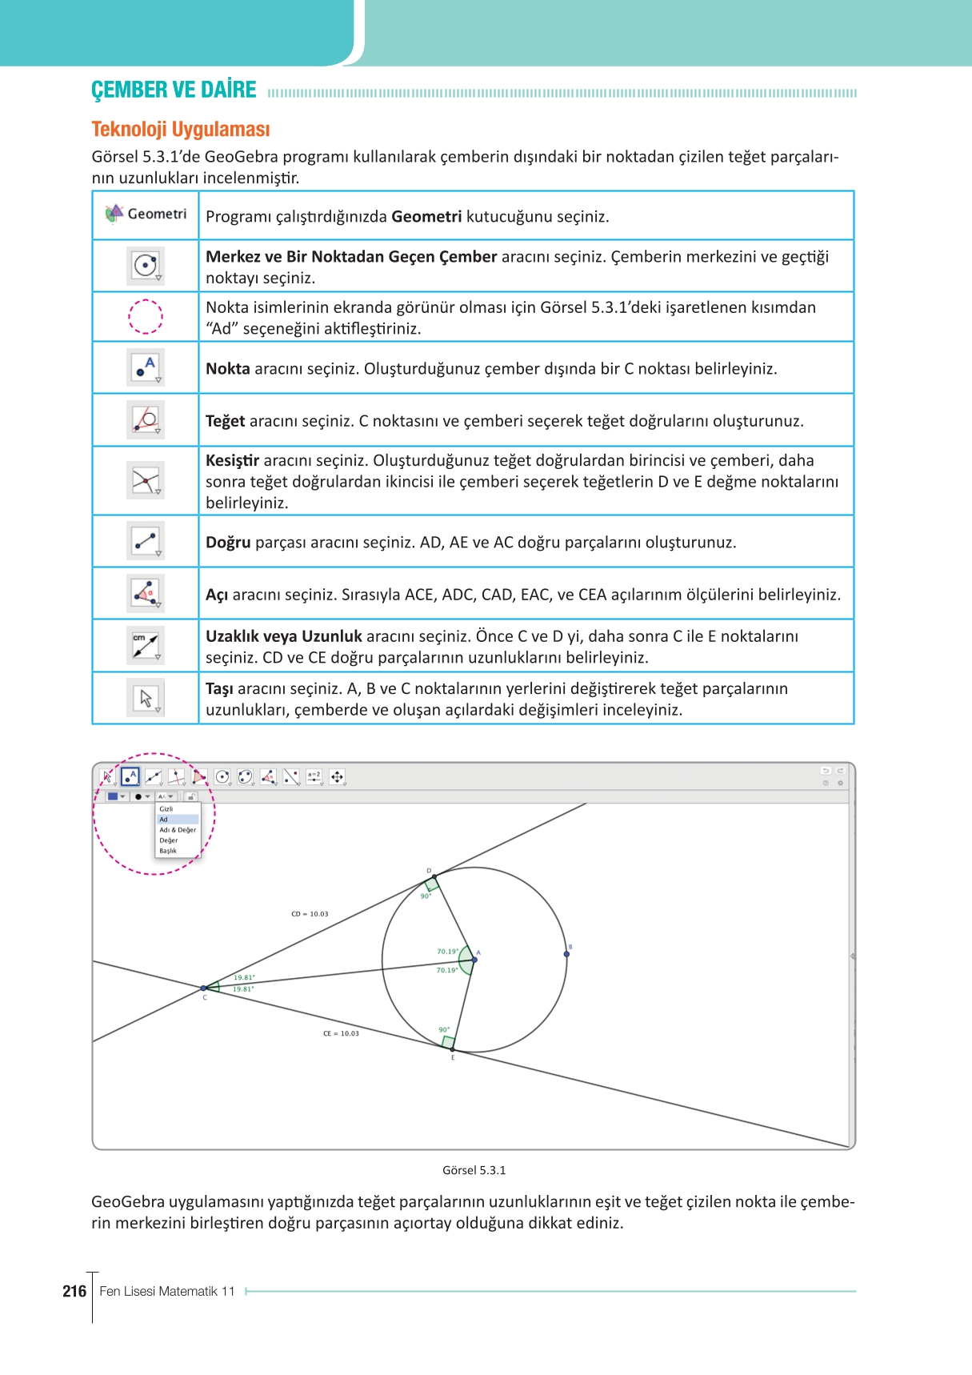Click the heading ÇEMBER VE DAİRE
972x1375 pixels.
[x=174, y=90]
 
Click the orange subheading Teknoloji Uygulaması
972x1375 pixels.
[x=181, y=130]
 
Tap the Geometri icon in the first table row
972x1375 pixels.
[x=146, y=214]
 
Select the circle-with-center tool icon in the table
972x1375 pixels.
[x=146, y=266]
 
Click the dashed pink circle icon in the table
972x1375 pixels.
[x=146, y=316]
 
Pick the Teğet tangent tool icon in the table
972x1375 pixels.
[x=146, y=419]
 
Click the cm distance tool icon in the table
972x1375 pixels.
[x=146, y=645]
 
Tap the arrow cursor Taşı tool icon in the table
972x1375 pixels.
[x=146, y=698]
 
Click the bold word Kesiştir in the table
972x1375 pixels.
[x=232, y=460]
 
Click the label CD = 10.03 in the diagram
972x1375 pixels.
[x=310, y=914]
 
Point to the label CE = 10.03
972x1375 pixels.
[x=341, y=1033]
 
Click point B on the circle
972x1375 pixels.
[x=566, y=954]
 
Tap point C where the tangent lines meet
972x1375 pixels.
[x=204, y=988]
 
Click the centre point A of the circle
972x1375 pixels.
[x=474, y=960]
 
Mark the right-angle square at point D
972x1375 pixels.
[x=432, y=884]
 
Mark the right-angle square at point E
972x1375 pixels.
[x=449, y=1042]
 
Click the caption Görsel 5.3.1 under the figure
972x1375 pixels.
[x=474, y=1170]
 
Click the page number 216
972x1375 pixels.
[x=74, y=1291]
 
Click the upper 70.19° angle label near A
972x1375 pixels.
[x=447, y=952]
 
